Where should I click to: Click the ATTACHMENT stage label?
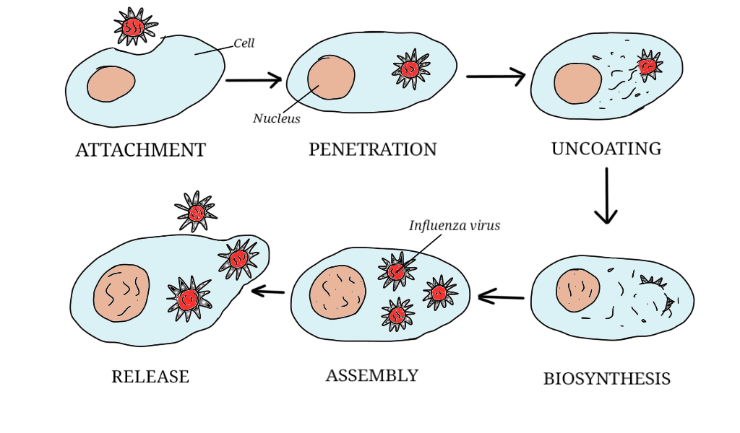coord(141,150)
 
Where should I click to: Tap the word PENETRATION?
coord(373,149)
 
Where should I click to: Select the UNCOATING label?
coord(606,149)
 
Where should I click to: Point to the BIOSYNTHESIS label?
coord(607,378)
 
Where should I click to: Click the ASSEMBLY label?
coord(372,375)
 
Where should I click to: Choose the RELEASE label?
coord(150,376)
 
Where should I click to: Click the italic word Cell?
coord(244,44)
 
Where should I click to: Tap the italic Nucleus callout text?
coord(276,119)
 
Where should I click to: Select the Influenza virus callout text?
coord(455,226)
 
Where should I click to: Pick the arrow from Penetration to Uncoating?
coord(496,76)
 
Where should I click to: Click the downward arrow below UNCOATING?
coord(606,195)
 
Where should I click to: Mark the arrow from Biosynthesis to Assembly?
coord(501,296)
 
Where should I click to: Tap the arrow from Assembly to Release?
coord(268,291)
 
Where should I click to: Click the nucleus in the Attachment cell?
coord(111,84)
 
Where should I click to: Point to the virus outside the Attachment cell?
coord(134,27)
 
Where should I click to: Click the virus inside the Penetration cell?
coord(410,69)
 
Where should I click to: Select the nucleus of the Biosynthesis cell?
coord(577,291)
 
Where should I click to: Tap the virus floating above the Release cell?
coord(197,212)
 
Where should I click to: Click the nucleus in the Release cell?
coord(121,292)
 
